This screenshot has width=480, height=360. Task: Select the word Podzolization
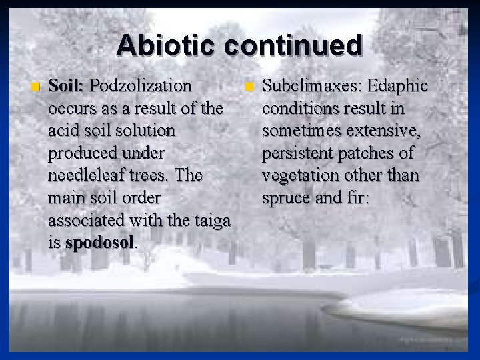click(x=141, y=86)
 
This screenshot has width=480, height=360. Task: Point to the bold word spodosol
click(x=100, y=243)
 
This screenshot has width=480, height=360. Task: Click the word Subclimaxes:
click(x=305, y=86)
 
